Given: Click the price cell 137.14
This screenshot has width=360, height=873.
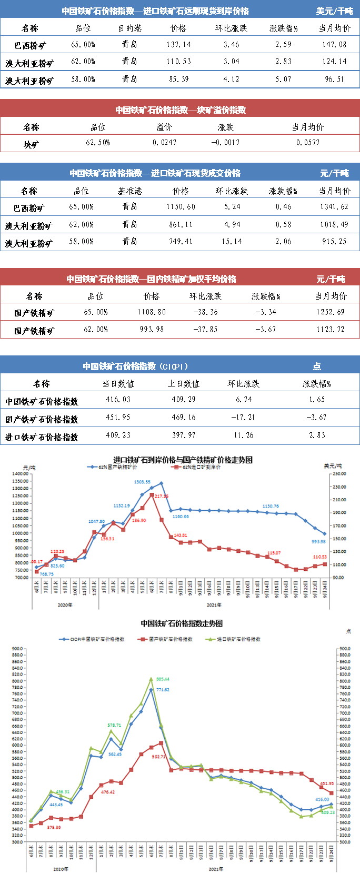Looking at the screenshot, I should pos(179,45).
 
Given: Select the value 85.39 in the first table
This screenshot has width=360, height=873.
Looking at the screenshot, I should pos(179,80).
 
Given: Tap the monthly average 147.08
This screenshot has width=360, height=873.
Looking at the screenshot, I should pos(334,45).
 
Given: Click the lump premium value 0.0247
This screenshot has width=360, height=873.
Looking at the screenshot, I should pos(165,143).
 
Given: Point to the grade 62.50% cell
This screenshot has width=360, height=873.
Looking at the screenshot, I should pos(98,143).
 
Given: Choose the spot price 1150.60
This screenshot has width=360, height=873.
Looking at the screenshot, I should pos(181,207).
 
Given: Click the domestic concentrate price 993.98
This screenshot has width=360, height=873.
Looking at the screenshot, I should pos(152,330).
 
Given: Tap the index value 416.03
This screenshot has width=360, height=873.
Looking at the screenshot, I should pos(118,400).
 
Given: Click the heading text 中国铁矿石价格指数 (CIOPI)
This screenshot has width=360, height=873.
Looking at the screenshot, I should pos(135,366).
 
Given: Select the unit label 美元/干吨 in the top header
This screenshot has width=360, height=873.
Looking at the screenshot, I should pos(334,11).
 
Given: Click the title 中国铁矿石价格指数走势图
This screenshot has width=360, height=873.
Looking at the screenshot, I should pos(182,623).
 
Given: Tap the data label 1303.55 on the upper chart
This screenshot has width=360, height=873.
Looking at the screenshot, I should pos(142,482).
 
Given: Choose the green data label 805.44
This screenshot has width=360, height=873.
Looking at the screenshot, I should pos(163,679).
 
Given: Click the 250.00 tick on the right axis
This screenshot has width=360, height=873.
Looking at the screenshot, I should pos(339,474).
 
